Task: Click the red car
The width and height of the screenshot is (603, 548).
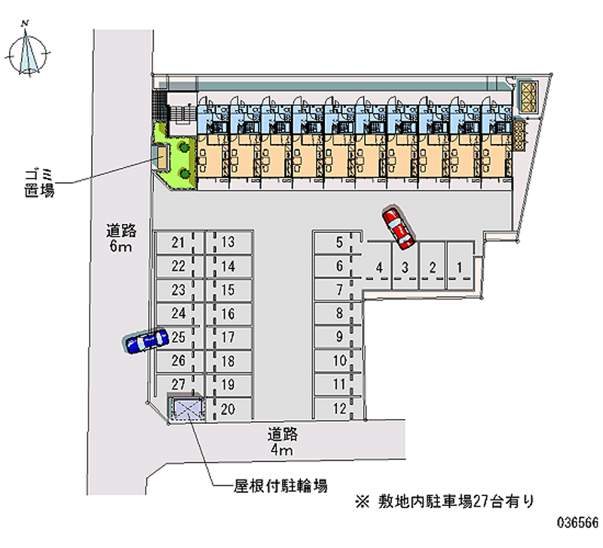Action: tap(398, 228)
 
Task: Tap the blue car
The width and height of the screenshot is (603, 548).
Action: tap(146, 341)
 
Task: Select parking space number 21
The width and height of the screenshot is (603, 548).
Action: tap(178, 243)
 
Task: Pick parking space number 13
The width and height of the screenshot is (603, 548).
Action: tap(228, 243)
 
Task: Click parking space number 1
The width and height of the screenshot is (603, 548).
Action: tap(459, 266)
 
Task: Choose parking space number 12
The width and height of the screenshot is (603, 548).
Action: tap(340, 409)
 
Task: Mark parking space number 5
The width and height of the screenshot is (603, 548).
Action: tap(339, 242)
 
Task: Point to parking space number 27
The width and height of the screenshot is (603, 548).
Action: tap(178, 384)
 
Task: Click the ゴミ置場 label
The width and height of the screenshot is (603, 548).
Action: tap(38, 183)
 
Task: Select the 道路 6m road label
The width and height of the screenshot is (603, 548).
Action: tap(120, 240)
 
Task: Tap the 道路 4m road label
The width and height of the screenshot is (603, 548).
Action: tap(282, 442)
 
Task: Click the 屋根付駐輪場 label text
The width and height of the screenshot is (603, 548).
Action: tap(280, 486)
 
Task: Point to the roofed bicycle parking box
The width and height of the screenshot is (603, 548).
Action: tap(187, 409)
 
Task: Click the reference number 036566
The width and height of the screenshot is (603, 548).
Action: tap(577, 522)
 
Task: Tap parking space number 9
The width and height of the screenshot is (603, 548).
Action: tap(339, 338)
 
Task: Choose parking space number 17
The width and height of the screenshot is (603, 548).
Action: tap(228, 338)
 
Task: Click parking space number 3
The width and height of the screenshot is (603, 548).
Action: tap(405, 266)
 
